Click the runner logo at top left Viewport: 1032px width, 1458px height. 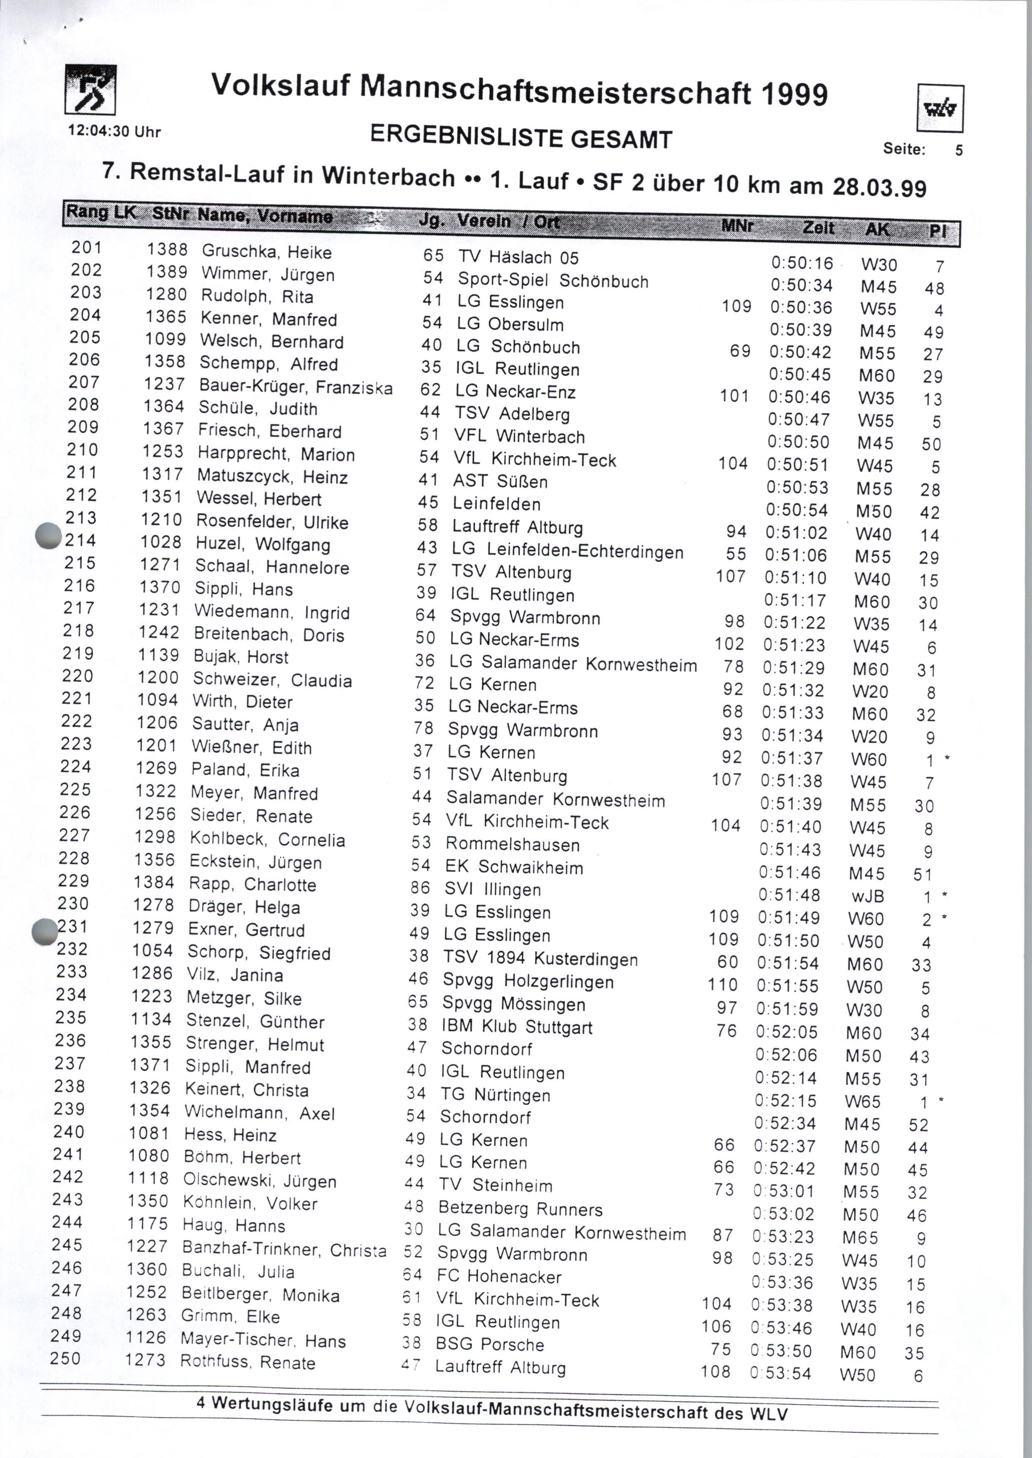[90, 89]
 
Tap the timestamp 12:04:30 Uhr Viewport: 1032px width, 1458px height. [114, 131]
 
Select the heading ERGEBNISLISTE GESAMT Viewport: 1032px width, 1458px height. [521, 137]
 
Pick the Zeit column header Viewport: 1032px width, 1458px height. [819, 227]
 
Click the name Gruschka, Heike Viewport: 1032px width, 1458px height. [267, 252]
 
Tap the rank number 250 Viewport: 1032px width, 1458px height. [65, 1358]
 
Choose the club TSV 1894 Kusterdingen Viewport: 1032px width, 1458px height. [540, 958]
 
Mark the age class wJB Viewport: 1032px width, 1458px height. [867, 896]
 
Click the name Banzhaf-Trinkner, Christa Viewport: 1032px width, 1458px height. [284, 1248]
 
